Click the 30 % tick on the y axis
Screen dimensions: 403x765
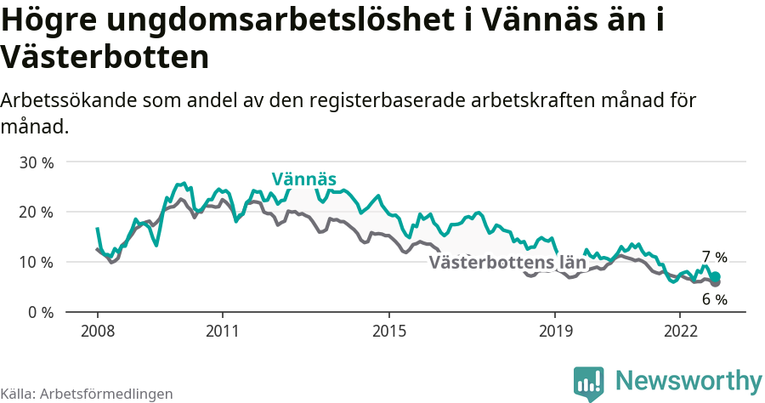(x=36, y=162)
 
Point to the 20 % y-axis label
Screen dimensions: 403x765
(x=36, y=212)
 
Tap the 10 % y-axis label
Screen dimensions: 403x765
(x=36, y=262)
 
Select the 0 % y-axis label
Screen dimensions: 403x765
(x=40, y=312)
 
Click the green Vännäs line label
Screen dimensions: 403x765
(x=304, y=179)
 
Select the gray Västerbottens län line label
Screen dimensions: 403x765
(x=507, y=262)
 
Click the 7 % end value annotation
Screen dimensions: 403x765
(x=715, y=257)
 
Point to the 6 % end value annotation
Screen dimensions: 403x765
(x=715, y=299)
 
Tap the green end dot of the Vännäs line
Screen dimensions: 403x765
(x=716, y=276)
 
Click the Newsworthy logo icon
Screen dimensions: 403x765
(x=588, y=383)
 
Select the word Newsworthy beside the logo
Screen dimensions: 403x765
(x=688, y=380)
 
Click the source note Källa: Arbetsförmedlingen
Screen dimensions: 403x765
(x=87, y=394)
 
